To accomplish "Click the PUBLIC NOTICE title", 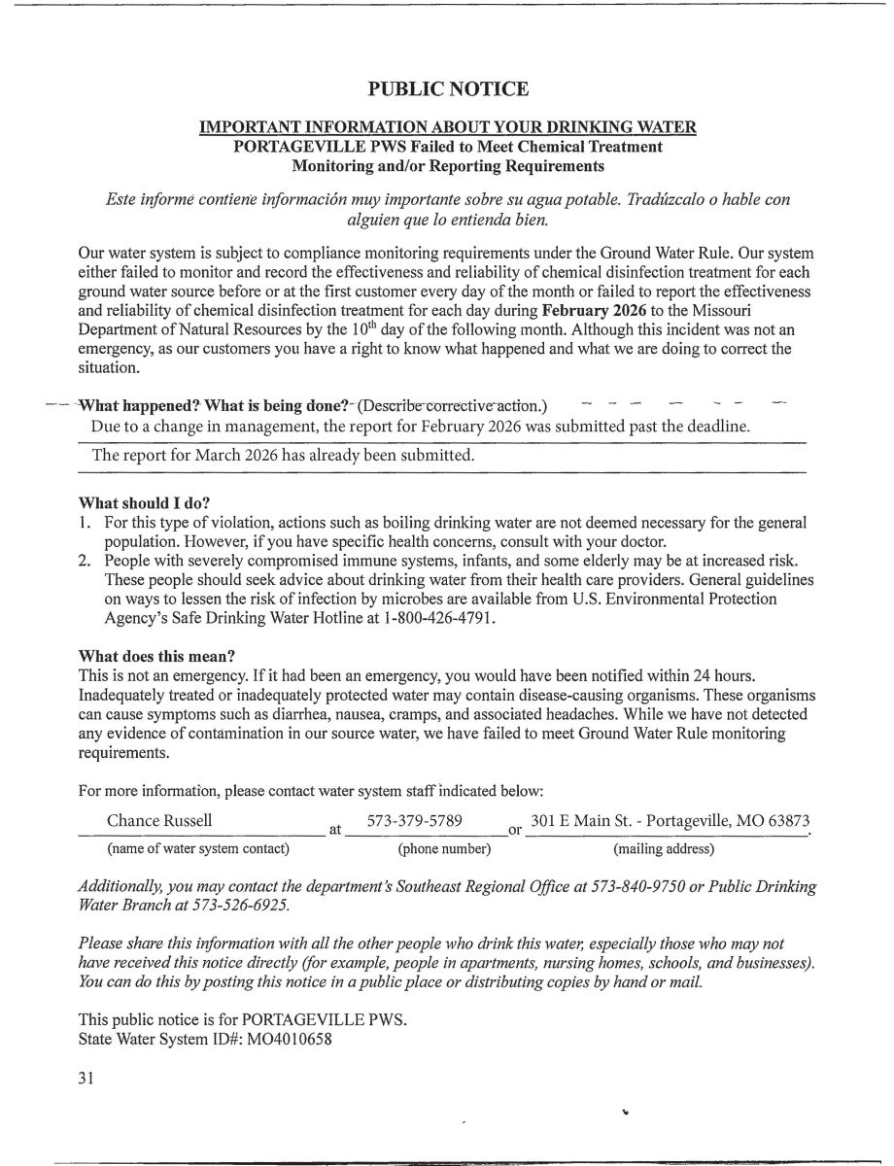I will pyautogui.click(x=448, y=89).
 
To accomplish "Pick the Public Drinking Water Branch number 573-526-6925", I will pyautogui.click(x=248, y=905).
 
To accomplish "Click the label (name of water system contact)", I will pyautogui.click(x=198, y=849).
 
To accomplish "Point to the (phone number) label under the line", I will pyautogui.click(x=444, y=849).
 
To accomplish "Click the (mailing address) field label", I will pyautogui.click(x=664, y=849).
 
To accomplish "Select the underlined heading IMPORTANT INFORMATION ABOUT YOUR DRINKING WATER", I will pyautogui.click(x=448, y=128).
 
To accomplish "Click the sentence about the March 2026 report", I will pyautogui.click(x=283, y=455).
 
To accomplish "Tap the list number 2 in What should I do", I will pyautogui.click(x=85, y=563).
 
